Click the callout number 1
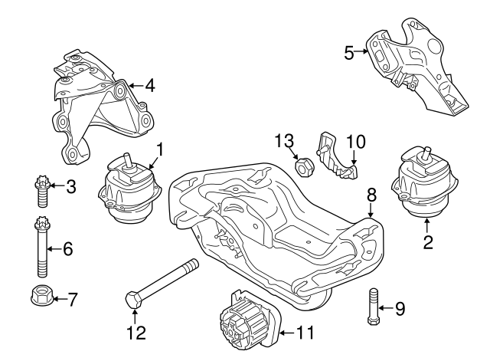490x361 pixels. (x=160, y=149)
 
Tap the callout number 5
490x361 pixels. (x=349, y=53)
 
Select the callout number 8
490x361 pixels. (x=371, y=195)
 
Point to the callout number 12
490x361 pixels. (x=135, y=333)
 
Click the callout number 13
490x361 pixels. (x=284, y=141)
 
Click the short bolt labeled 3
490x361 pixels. (x=42, y=192)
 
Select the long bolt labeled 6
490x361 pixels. (x=43, y=249)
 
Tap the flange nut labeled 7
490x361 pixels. (x=42, y=296)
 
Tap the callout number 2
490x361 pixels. (x=428, y=244)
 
